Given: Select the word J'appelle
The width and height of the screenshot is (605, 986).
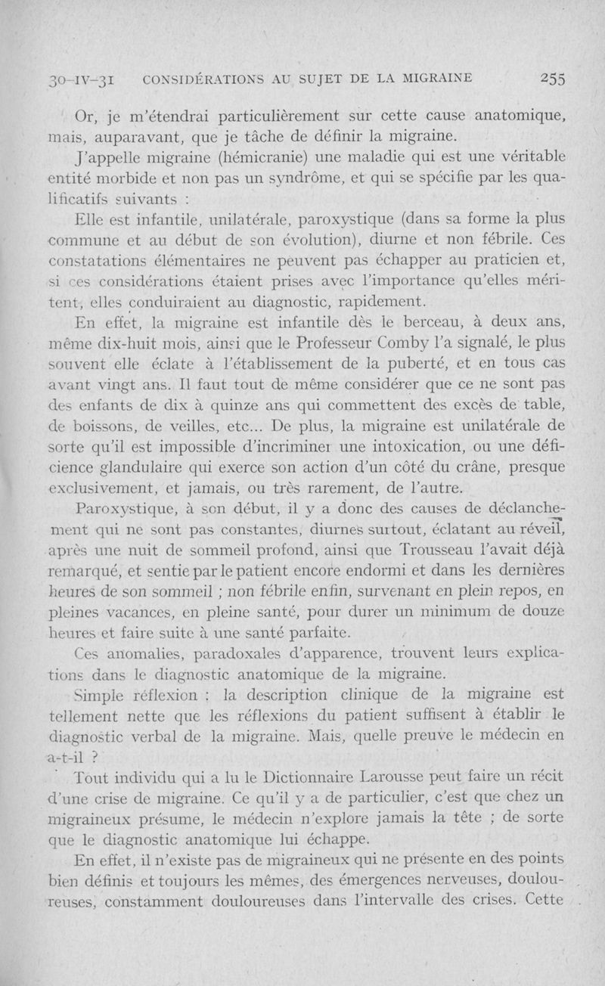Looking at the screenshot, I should click(103, 156).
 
